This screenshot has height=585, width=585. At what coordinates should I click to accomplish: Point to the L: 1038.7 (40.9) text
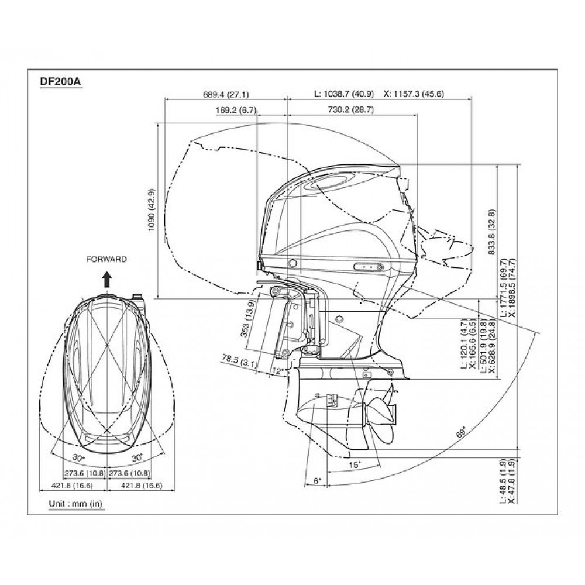[345, 94]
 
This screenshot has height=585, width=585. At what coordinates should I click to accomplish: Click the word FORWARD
[105, 259]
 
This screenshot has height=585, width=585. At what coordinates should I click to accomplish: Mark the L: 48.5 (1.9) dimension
[504, 481]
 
